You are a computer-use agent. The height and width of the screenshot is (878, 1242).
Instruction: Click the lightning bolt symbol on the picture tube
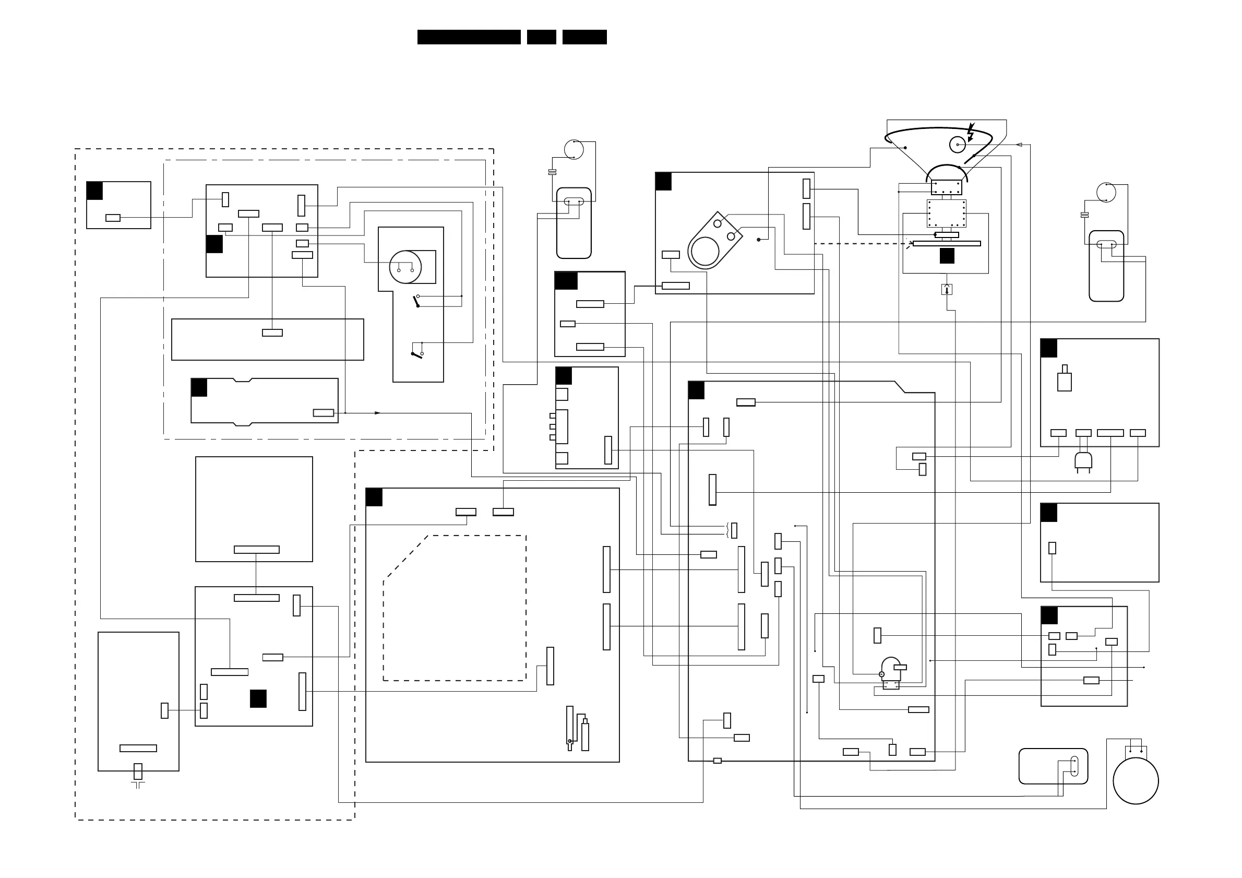(971, 132)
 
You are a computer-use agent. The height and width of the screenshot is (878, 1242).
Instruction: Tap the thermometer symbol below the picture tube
(947, 289)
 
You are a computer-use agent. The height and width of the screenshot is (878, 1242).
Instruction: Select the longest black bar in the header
(469, 37)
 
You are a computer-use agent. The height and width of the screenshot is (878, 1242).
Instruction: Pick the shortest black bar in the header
(542, 37)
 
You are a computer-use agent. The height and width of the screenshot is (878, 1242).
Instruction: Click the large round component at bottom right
(1136, 780)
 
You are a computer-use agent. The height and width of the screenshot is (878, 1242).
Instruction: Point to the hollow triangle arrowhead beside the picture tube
(1019, 145)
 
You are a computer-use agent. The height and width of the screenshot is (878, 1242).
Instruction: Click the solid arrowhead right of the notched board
(378, 413)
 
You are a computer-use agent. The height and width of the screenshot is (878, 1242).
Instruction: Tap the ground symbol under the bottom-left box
(138, 784)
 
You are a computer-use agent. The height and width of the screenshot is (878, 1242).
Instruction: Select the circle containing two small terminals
(405, 267)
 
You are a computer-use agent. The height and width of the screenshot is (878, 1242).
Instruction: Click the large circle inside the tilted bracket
(706, 252)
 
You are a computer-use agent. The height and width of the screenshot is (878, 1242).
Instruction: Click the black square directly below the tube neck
(947, 256)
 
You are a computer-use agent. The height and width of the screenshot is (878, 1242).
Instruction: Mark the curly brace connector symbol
(729, 530)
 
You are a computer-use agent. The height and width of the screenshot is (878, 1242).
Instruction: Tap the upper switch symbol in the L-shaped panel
(417, 301)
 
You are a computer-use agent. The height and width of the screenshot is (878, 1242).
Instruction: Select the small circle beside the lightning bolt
(958, 145)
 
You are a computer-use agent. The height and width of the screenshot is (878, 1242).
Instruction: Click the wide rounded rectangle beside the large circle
(1053, 766)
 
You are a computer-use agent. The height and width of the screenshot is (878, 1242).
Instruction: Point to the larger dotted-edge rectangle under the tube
(946, 213)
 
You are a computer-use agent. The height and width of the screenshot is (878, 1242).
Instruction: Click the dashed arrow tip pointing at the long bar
(911, 243)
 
